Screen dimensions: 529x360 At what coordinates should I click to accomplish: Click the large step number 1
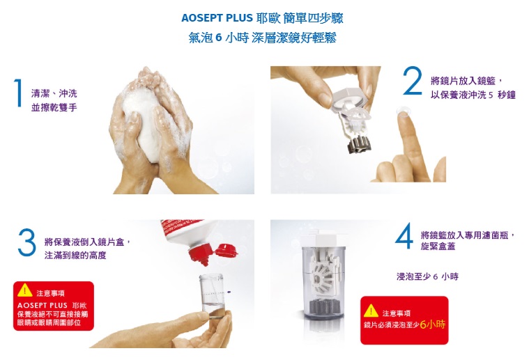pos(19,93)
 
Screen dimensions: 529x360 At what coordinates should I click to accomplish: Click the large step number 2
pos(413,81)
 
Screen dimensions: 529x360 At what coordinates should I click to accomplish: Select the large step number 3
pos(27,242)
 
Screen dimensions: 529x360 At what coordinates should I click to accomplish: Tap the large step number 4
pos(404,235)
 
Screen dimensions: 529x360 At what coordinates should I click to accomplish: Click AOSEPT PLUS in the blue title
pos(217,18)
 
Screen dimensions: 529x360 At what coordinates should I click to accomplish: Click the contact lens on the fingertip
pos(402,111)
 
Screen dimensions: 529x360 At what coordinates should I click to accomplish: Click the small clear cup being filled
pos(212,296)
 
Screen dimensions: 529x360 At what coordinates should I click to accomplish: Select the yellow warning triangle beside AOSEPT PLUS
pos(24,290)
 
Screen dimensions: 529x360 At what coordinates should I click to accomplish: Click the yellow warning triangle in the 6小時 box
pos(371,311)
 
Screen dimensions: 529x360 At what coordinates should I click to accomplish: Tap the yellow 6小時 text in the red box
pos(433,324)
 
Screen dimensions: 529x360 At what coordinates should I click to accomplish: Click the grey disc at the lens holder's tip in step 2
pos(360,144)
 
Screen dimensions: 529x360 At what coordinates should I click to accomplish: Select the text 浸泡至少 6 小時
pos(427,276)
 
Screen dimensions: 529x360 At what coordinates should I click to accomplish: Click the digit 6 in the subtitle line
pos(218,38)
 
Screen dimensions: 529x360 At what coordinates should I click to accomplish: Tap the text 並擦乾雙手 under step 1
pos(54,107)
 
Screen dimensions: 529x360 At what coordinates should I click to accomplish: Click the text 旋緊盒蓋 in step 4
pos(438,246)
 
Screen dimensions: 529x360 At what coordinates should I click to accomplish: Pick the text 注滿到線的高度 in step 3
pos(75,256)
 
